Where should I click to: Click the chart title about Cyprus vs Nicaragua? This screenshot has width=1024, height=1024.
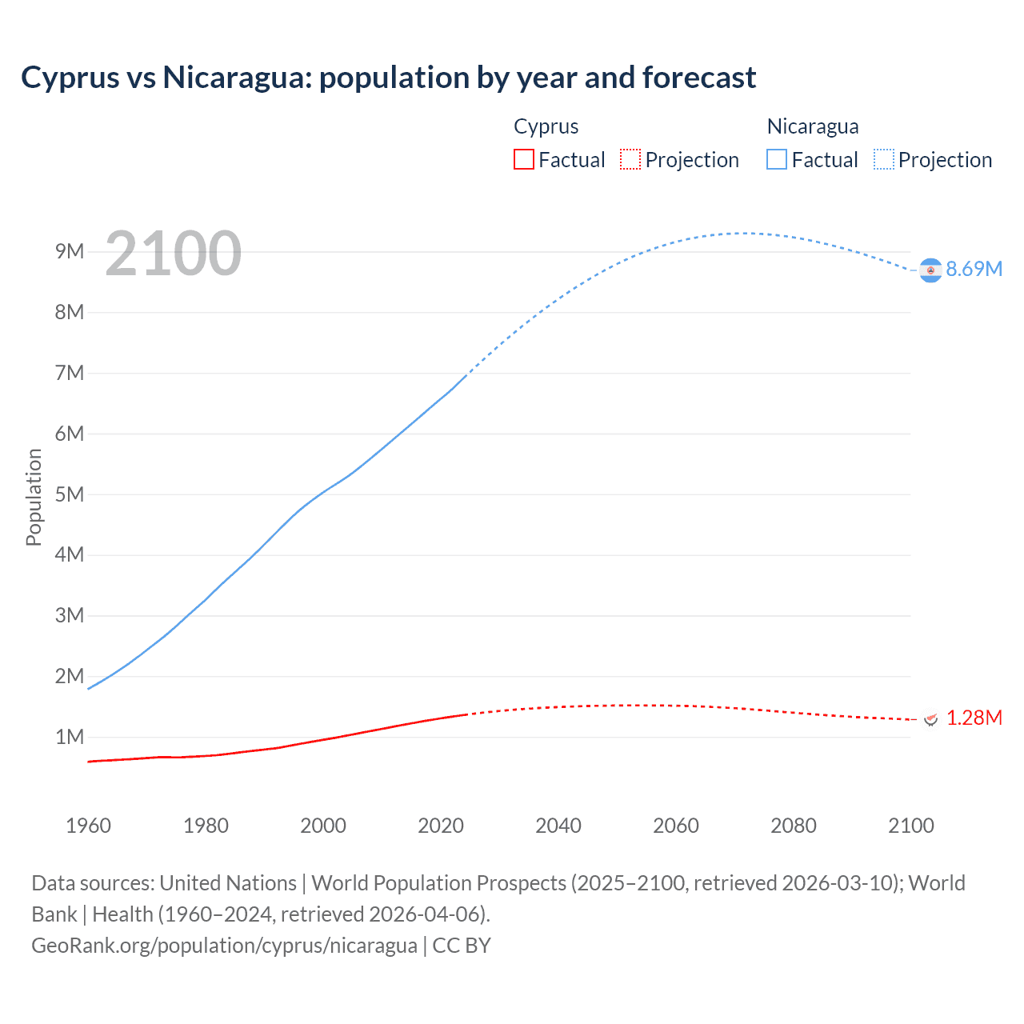[388, 78]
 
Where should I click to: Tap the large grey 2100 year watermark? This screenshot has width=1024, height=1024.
[173, 254]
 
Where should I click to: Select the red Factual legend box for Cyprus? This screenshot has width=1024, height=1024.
[524, 159]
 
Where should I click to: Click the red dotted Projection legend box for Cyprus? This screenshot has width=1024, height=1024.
[630, 159]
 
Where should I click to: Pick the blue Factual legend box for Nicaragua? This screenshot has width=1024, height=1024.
[777, 159]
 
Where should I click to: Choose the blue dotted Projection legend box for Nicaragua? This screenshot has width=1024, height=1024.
[884, 159]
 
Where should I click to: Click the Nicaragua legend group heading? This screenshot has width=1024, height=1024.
[813, 126]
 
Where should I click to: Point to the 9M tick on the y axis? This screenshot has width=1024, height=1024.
[70, 251]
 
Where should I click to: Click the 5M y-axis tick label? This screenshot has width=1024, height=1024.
[70, 494]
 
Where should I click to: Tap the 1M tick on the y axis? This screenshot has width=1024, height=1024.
[70, 737]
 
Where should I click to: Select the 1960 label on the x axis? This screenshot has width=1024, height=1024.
[88, 826]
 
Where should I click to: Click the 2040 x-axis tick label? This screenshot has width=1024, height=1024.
[558, 826]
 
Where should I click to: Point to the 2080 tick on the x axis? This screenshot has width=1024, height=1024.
[794, 826]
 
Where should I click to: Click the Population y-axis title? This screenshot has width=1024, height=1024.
[34, 497]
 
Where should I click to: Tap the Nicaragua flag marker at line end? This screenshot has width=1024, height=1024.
[930, 270]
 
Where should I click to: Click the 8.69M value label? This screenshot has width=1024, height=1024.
[974, 269]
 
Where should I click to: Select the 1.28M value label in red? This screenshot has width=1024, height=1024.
[974, 718]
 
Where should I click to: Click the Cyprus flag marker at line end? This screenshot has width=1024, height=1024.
[930, 718]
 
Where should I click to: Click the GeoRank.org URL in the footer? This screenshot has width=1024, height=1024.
[224, 945]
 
